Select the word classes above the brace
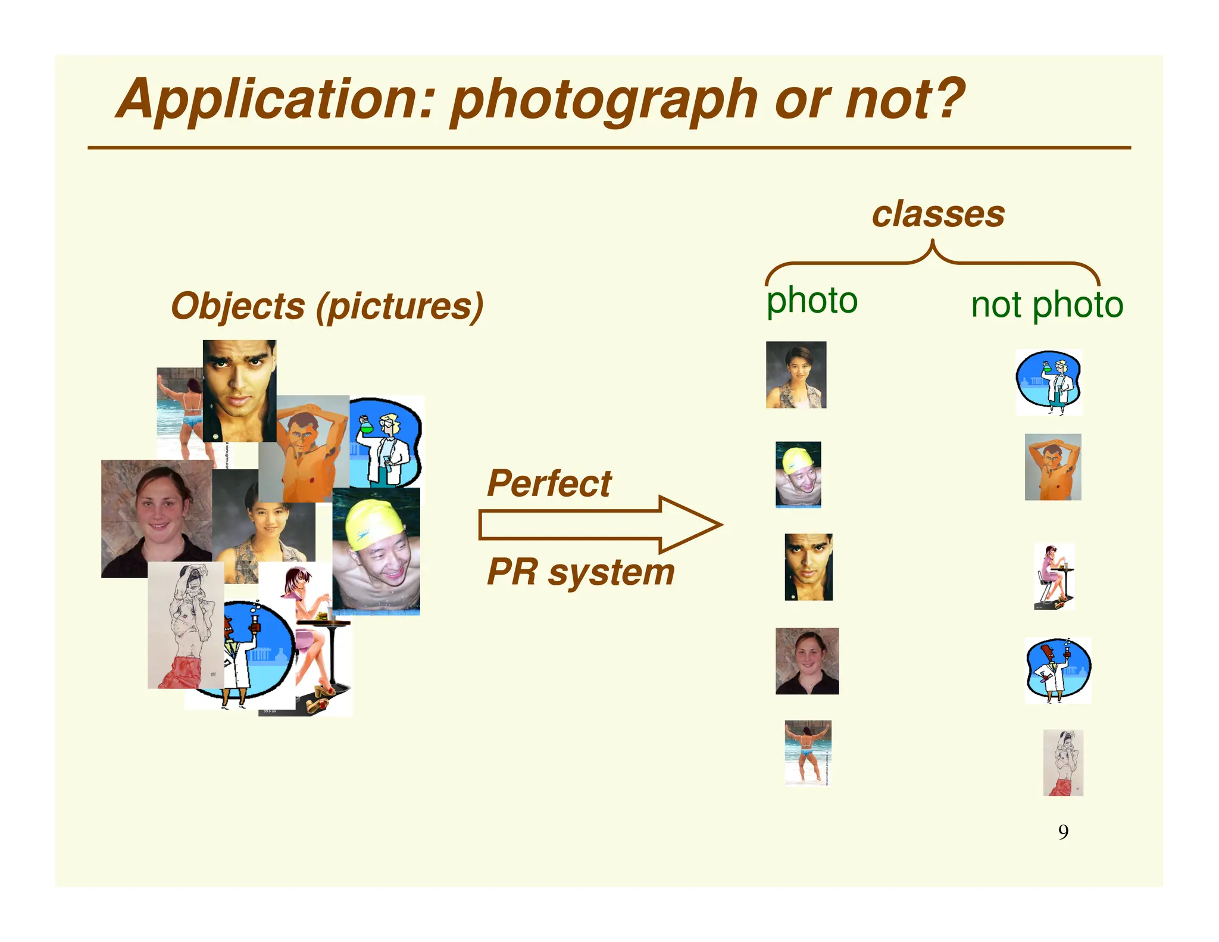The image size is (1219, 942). click(938, 214)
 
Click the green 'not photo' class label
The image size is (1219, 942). click(1046, 305)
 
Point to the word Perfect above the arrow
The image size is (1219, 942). click(549, 483)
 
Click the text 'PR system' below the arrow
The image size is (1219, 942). click(580, 572)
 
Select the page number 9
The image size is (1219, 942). click(1063, 832)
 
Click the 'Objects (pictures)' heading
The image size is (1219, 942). click(327, 307)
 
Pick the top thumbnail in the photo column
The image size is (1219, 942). click(796, 375)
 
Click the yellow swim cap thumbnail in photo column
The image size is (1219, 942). click(798, 474)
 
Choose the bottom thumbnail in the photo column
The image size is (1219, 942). click(807, 753)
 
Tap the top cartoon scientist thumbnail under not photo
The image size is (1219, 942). click(1049, 382)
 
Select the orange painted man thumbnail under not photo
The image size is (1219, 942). click(1052, 467)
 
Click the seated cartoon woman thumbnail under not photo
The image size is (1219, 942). click(1054, 576)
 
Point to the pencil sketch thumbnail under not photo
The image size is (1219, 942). click(1063, 763)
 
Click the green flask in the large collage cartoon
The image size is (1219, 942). click(365, 425)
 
